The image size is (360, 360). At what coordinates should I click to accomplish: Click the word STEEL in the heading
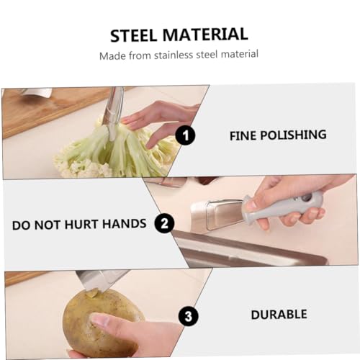click(x=133, y=35)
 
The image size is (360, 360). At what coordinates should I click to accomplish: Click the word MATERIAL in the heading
click(x=205, y=34)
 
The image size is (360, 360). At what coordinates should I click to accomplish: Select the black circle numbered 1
click(x=185, y=135)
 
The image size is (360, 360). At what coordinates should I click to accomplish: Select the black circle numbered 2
click(x=165, y=223)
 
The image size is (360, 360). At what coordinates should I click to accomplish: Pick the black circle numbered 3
click(x=189, y=316)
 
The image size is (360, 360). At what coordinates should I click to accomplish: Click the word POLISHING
click(x=294, y=135)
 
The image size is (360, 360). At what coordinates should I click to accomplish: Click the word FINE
click(x=243, y=136)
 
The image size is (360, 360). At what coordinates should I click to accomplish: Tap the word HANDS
click(x=125, y=224)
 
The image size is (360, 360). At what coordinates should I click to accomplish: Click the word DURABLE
click(x=279, y=315)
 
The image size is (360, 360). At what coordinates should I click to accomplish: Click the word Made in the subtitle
click(x=112, y=56)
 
